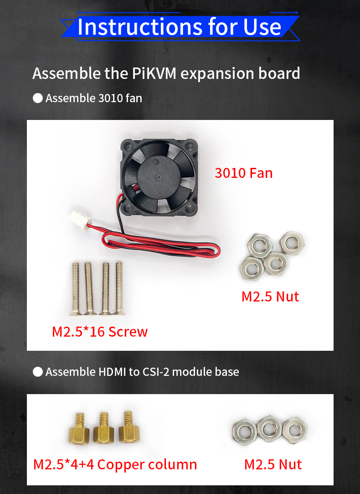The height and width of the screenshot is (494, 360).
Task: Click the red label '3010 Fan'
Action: [x=243, y=173]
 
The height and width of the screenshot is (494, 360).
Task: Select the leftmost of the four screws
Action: [x=75, y=289]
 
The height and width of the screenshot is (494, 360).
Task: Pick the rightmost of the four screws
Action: [x=119, y=288]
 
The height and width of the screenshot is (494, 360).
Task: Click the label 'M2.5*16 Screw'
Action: [x=100, y=332]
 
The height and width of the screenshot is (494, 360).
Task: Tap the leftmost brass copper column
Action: [x=79, y=428]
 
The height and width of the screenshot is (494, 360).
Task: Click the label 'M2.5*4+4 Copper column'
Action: [x=115, y=464]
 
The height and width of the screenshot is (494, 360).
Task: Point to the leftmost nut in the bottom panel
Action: [x=245, y=431]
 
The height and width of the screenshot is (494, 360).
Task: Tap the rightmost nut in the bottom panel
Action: [x=294, y=430]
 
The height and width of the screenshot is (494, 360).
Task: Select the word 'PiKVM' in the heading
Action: [x=154, y=73]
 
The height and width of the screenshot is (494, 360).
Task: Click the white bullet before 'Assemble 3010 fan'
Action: [x=38, y=98]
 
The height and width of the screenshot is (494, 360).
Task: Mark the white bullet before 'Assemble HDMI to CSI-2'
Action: [x=38, y=372]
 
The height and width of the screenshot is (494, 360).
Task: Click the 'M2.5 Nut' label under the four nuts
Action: [x=270, y=296]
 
